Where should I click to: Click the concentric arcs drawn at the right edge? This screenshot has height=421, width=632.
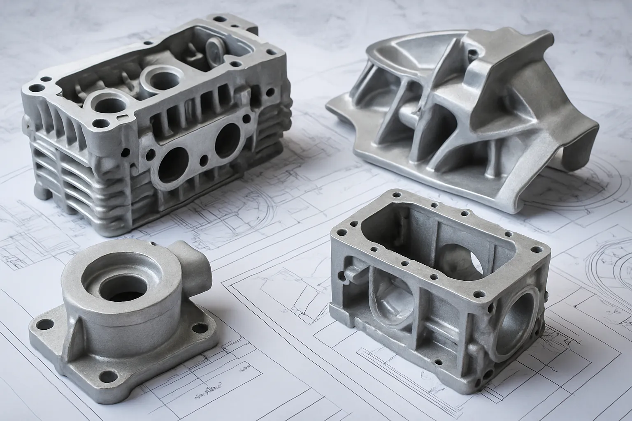(x=609, y=263)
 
